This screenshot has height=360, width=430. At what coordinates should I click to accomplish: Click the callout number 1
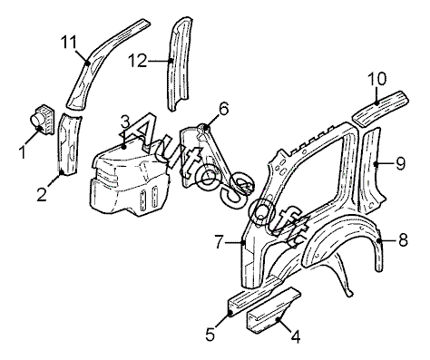[22, 152]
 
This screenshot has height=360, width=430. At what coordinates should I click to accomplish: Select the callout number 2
[42, 194]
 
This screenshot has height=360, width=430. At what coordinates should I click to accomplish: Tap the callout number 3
[125, 123]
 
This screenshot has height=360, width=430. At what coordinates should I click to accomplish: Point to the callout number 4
[296, 336]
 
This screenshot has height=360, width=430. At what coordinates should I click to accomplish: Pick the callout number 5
[210, 335]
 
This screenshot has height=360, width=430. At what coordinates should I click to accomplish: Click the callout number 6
[223, 110]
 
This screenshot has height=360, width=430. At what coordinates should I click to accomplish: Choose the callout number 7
[220, 241]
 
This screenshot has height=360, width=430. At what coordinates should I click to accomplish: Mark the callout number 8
[403, 240]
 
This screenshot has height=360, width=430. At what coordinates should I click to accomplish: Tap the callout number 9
[400, 163]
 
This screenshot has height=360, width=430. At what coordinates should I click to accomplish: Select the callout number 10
[377, 79]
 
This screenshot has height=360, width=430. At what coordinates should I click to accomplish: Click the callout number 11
[69, 43]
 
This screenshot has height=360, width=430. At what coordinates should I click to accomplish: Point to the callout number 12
[137, 61]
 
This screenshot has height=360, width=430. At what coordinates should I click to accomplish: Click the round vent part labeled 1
[42, 120]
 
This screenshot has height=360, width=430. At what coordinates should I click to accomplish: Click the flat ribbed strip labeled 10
[380, 108]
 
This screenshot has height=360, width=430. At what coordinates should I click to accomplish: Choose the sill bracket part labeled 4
[274, 311]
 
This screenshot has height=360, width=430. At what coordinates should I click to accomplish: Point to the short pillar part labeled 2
[69, 144]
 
